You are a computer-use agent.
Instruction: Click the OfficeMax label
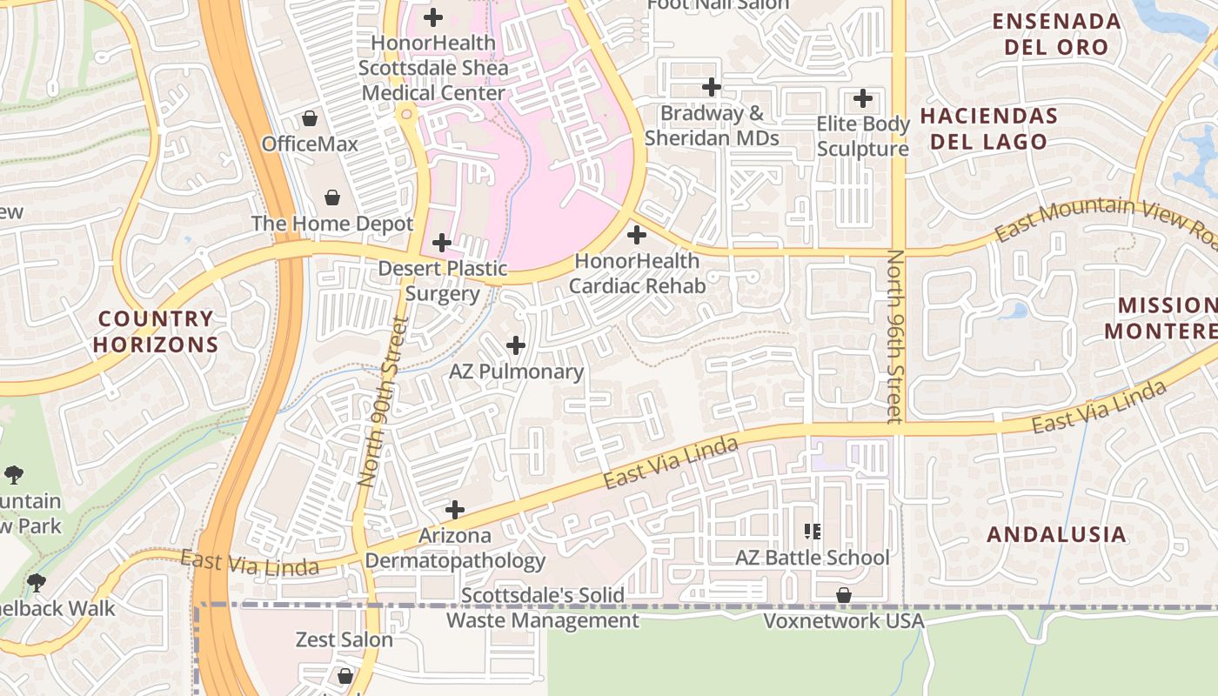point(310,144)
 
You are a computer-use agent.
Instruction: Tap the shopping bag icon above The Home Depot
point(331,198)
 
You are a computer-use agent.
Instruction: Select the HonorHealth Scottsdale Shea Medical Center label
point(433,68)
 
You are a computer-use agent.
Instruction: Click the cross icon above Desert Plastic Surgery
point(442,243)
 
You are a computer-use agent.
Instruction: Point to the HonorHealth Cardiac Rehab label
point(637,273)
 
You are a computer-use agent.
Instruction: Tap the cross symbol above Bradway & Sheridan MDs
point(712,87)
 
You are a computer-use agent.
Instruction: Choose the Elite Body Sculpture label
point(862,137)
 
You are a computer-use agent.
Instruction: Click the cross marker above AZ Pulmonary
point(516,345)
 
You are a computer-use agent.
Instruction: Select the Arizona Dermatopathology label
point(455,548)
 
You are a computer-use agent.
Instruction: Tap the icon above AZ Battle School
point(813,531)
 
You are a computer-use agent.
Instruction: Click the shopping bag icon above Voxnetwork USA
point(843,595)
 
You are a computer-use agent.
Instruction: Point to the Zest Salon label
point(345,640)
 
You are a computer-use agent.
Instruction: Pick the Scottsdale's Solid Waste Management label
point(543,608)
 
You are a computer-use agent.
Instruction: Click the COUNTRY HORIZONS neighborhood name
point(156,331)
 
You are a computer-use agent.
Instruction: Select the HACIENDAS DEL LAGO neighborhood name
point(989,129)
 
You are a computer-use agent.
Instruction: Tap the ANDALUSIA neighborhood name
point(1056,534)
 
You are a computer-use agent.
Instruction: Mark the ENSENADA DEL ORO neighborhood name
point(1056,34)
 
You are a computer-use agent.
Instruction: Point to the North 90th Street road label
point(383,401)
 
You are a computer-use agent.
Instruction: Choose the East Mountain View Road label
point(1105,219)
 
